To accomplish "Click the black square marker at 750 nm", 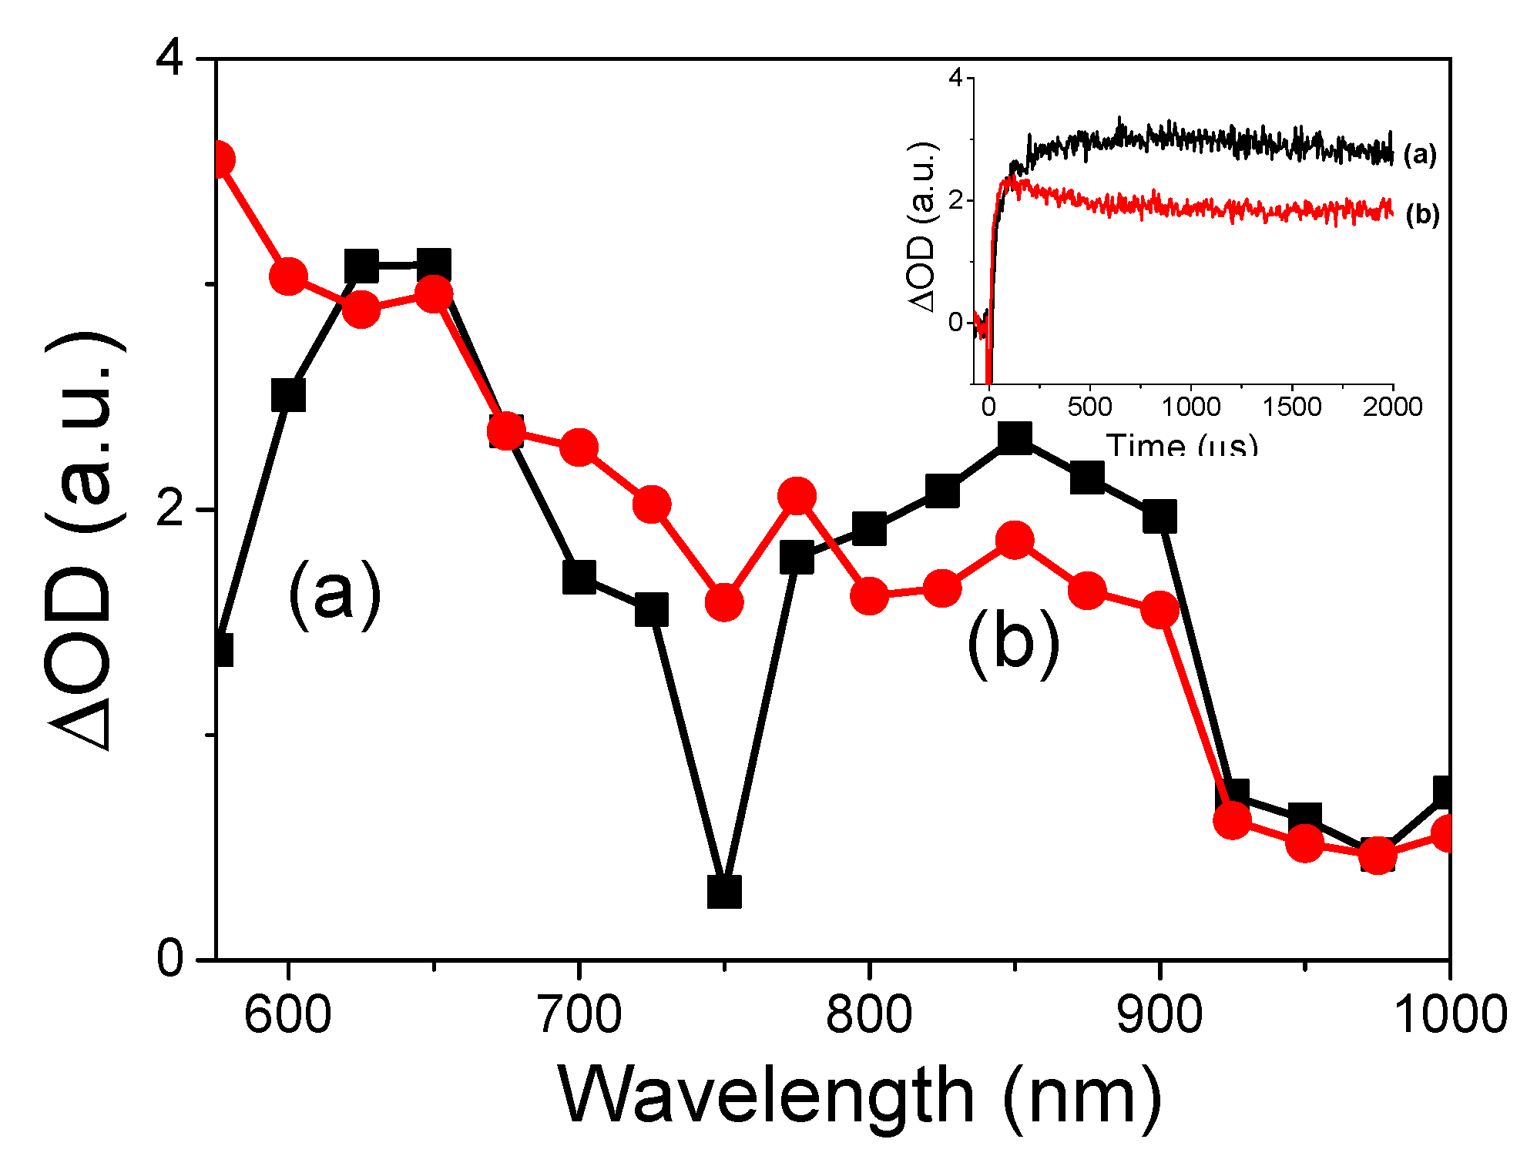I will click(723, 891).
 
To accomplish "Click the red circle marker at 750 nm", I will click(723, 601).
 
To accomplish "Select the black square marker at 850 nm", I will click(1015, 437).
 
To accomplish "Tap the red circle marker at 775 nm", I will click(797, 495).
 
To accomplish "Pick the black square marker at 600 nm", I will click(288, 395).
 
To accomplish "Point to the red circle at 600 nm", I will click(288, 276).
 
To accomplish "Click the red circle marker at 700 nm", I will click(579, 447).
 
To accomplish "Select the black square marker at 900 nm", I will click(1159, 516).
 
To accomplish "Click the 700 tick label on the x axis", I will click(579, 1014).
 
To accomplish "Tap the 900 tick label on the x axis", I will click(1159, 1014).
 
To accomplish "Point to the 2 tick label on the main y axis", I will click(170, 509).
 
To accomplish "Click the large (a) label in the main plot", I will click(334, 594).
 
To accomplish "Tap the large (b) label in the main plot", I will click(1012, 643).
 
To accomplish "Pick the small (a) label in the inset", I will click(1419, 155).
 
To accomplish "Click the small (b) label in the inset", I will click(1422, 214).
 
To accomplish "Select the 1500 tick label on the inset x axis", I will click(1291, 407).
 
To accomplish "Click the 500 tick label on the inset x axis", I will click(1089, 407).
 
